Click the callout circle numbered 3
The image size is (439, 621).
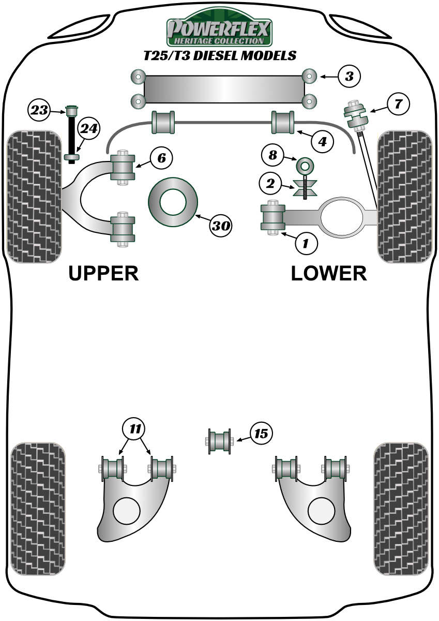coord(349,77)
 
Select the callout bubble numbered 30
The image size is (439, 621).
coord(221,226)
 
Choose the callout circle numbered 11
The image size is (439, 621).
coord(135,428)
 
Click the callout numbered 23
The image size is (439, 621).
coord(40,110)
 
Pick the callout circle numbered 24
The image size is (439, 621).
coord(88,129)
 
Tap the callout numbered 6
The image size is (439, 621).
coord(161,158)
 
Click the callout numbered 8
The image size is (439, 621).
coord(273,154)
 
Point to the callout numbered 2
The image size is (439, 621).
coord(270,182)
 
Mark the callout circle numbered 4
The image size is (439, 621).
coord(322,141)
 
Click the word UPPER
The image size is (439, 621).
coord(104,273)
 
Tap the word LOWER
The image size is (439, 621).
coord(329,273)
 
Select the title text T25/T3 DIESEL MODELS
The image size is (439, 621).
coord(219,55)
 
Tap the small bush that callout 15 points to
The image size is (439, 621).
coord(219,441)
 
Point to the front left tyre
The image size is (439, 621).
coord(34,197)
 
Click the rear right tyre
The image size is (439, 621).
coord(401,508)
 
